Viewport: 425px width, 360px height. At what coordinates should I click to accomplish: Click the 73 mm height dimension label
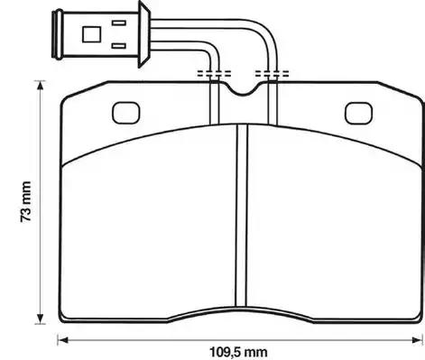[x=26, y=201]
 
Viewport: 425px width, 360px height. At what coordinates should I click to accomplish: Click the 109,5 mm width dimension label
[x=238, y=352]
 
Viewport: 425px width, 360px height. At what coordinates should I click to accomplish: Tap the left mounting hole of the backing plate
[x=126, y=113]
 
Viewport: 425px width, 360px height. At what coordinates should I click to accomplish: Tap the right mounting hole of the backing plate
[x=358, y=113]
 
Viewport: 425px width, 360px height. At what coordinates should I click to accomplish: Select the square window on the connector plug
[x=91, y=34]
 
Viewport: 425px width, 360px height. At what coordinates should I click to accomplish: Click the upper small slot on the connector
[x=119, y=23]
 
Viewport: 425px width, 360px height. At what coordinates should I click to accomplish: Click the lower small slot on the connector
[x=119, y=46]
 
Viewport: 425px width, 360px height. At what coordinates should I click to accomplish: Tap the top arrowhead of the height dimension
[x=40, y=86]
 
